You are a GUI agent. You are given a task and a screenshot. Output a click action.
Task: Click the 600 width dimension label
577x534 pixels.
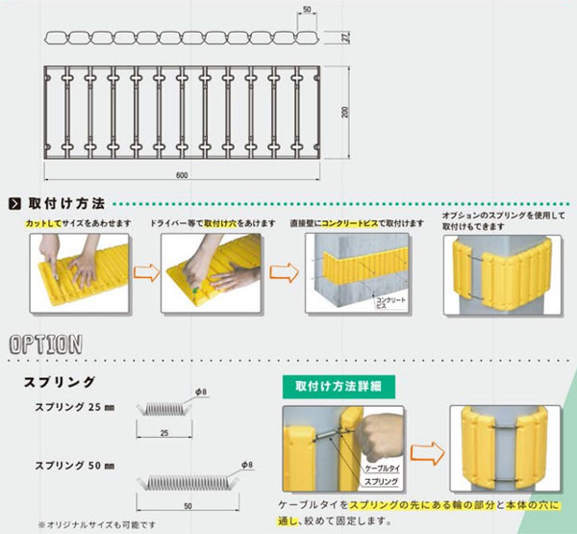point(182,174)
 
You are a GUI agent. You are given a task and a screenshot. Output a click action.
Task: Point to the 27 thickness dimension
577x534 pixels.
point(343,38)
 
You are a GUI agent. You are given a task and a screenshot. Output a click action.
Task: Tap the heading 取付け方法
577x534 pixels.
point(66,204)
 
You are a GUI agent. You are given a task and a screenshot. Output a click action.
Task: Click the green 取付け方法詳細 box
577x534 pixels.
point(332,385)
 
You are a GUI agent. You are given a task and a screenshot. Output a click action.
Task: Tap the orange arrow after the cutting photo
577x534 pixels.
point(143,275)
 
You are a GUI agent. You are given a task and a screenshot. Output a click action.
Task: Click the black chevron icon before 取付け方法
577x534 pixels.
point(14,204)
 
